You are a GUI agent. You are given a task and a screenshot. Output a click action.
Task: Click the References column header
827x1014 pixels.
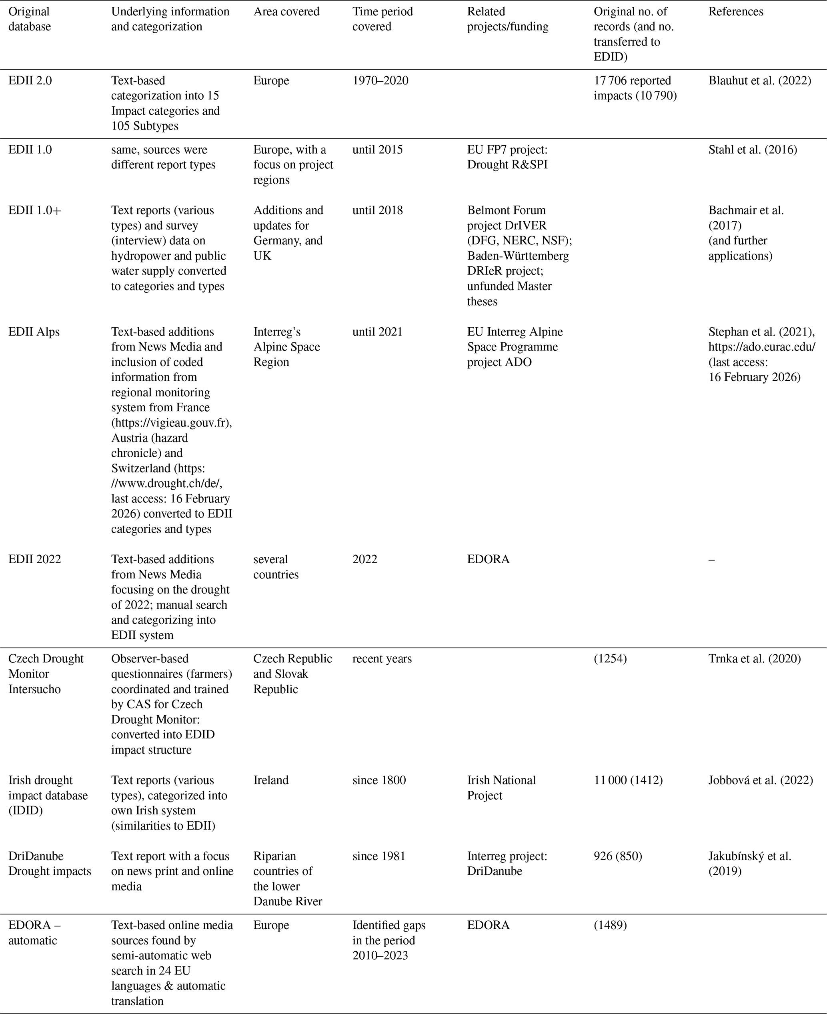[735, 12]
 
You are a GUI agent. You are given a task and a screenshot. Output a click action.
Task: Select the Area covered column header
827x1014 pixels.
[286, 12]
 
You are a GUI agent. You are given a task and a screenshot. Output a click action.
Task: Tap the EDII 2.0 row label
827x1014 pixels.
[30, 80]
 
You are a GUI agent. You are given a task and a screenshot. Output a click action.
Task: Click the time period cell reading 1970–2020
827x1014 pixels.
[380, 80]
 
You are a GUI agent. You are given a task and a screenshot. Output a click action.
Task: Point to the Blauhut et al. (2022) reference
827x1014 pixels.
[759, 80]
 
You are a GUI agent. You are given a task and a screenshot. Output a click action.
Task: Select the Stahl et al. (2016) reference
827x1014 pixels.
[753, 150]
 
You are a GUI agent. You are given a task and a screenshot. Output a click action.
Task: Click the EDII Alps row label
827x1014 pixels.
[34, 332]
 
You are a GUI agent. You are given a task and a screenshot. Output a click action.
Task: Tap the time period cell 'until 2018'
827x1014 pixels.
[377, 210]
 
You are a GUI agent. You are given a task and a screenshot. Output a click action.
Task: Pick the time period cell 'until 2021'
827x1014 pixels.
[377, 332]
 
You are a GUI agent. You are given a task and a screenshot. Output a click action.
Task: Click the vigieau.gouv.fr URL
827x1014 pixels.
[172, 422]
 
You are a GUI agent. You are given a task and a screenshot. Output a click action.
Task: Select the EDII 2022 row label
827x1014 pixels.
[35, 559]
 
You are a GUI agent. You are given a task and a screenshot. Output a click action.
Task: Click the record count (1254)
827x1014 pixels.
[610, 659]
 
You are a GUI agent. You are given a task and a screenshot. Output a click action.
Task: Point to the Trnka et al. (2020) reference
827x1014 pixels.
[755, 659]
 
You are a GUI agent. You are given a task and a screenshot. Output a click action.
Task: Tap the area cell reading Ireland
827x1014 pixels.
[271, 780]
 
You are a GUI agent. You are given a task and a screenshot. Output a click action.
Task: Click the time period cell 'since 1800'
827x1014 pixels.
[379, 780]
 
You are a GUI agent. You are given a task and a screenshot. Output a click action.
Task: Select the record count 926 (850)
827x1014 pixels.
[618, 856]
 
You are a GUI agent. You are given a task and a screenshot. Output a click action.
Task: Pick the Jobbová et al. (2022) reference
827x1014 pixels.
[760, 780]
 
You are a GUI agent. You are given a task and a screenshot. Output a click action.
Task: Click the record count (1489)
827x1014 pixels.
[610, 925]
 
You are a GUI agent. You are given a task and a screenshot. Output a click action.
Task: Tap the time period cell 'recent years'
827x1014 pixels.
[382, 659]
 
